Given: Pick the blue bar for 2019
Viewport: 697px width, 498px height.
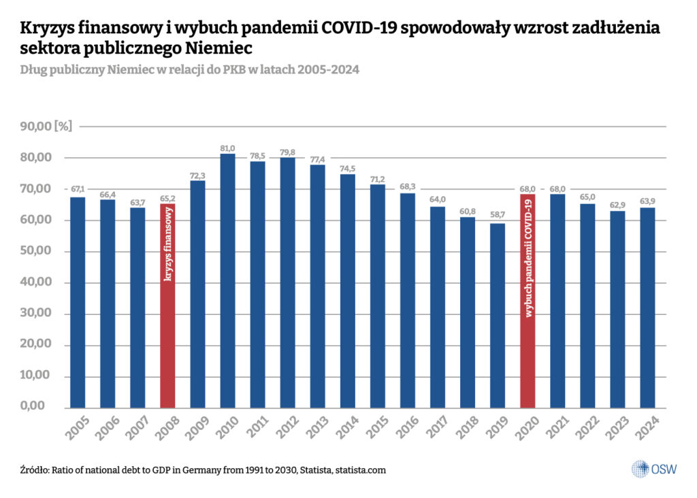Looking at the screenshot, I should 498,316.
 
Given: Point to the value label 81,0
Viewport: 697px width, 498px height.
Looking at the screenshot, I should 228,148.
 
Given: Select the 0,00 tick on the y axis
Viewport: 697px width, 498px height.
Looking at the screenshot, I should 42,408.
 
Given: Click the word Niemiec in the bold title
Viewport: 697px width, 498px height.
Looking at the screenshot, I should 214,50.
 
